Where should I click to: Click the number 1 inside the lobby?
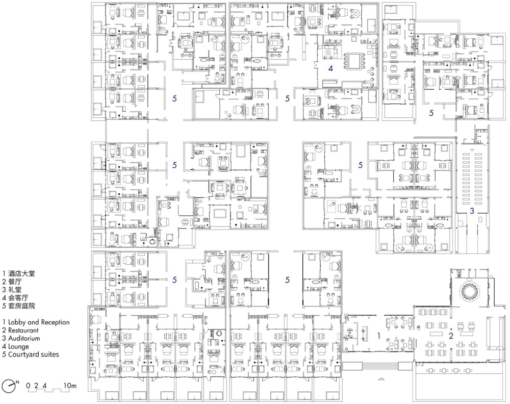tap(379, 335)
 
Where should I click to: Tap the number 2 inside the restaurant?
tap(451, 336)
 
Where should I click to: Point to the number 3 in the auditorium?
tap(472, 211)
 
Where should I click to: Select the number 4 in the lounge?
tap(331, 68)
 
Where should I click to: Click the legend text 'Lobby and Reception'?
tap(39, 322)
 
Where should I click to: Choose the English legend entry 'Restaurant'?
tap(23, 330)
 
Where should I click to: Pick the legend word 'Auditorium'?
tap(24, 338)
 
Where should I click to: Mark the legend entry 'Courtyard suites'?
tap(34, 355)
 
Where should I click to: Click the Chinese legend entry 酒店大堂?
tap(21, 273)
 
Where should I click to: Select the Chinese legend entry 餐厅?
tap(15, 282)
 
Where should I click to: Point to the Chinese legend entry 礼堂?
tap(15, 290)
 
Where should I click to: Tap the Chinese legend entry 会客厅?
tap(18, 297)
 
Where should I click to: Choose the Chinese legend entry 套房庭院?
tap(21, 306)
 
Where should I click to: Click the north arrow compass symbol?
tap(9, 386)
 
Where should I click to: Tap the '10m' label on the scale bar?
tap(70, 386)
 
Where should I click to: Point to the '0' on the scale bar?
tap(28, 386)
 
